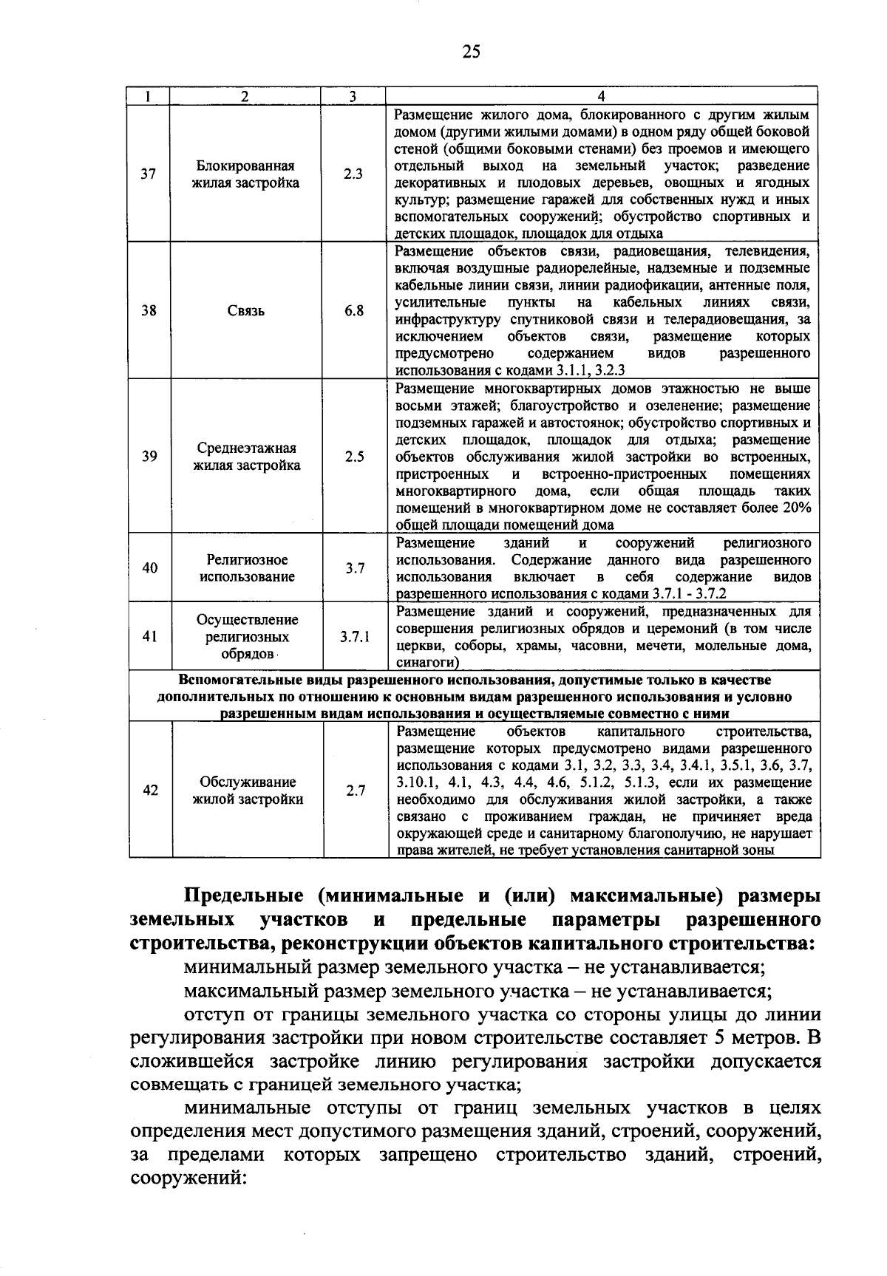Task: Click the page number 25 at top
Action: (x=471, y=51)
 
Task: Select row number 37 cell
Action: (x=149, y=174)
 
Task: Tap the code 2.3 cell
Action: (x=353, y=174)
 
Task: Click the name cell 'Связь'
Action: (x=246, y=311)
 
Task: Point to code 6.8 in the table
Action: (x=353, y=311)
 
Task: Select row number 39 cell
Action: (x=149, y=457)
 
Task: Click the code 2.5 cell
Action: (x=354, y=457)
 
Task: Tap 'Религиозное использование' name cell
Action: (x=247, y=568)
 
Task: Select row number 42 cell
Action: (x=150, y=790)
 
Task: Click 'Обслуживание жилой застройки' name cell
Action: (x=248, y=790)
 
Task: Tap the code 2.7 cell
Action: (x=356, y=790)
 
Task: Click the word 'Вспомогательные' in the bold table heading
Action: (x=228, y=679)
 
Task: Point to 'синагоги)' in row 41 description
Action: (x=424, y=663)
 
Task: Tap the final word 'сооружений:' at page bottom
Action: (x=188, y=1178)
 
